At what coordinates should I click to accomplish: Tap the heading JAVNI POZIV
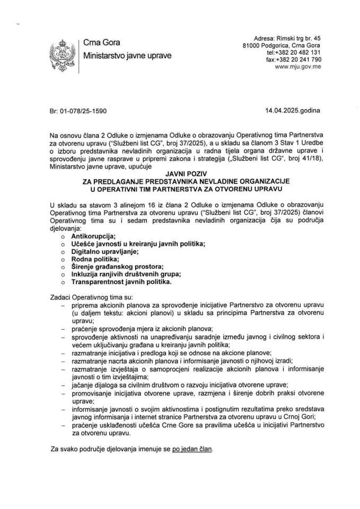tap(180, 173)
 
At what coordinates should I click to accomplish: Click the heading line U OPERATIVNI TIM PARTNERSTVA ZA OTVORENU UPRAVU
tap(180, 188)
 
